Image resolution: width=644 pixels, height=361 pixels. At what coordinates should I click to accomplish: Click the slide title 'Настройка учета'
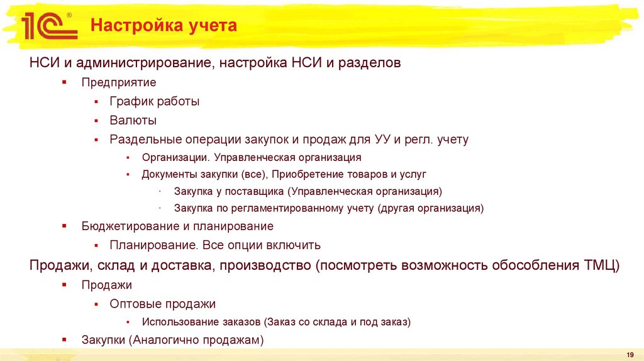coord(164,26)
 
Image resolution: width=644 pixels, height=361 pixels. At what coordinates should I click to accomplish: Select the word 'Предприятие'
coord(118,82)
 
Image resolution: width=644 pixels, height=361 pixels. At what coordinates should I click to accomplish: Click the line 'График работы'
coord(154,101)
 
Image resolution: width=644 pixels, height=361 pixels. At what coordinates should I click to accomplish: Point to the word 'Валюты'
coord(133,120)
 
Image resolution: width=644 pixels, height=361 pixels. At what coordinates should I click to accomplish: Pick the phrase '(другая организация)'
coord(431,208)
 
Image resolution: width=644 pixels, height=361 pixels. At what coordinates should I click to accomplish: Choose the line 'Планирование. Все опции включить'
coord(215,245)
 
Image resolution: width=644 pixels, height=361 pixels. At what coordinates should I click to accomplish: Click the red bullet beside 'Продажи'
coord(65,285)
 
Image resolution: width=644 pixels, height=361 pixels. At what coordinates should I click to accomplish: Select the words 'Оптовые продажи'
coord(162,304)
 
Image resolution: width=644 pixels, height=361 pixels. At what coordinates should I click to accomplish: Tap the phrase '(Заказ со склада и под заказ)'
coord(338,321)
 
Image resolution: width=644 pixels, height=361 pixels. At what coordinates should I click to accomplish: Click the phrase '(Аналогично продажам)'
coord(196,340)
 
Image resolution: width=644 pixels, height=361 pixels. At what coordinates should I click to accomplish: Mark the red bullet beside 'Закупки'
coord(65,340)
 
